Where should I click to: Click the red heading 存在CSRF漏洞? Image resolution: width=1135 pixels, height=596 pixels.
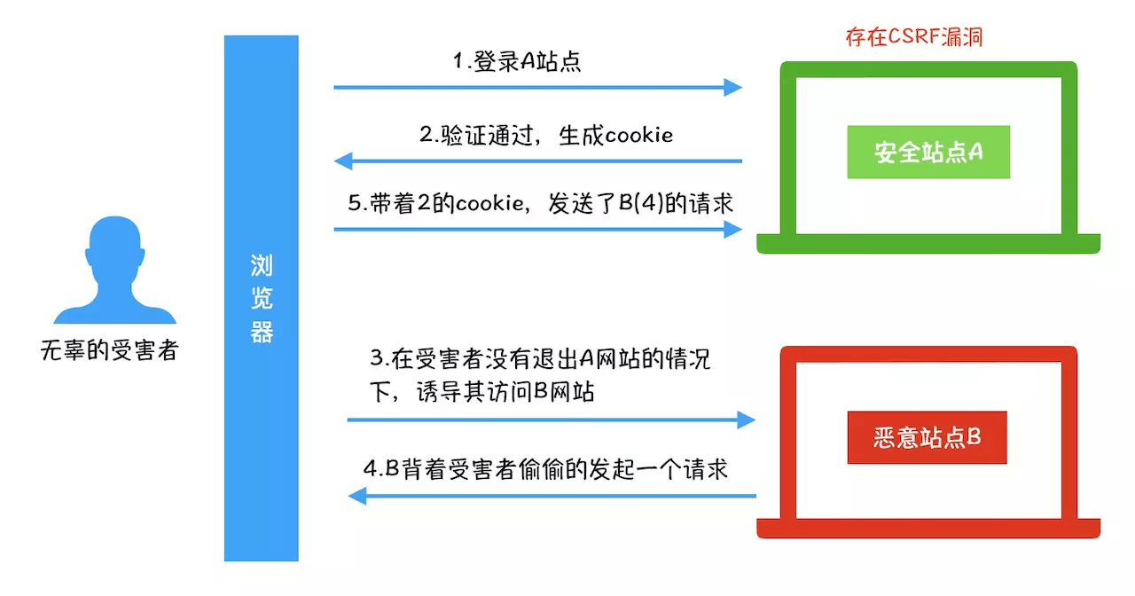(914, 37)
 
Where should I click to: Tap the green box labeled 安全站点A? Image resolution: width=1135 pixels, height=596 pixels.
(928, 152)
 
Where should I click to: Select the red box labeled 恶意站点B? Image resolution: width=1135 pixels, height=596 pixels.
(927, 437)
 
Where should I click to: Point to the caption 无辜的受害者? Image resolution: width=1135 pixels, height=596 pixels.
(109, 350)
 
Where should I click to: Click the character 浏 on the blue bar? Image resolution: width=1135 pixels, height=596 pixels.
(262, 265)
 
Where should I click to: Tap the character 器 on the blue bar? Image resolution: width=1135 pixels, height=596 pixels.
(262, 332)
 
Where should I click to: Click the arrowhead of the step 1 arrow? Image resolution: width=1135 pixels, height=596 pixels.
(732, 87)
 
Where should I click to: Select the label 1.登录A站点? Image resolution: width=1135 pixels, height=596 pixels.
(517, 61)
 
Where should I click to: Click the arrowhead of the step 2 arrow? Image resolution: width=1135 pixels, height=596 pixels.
(343, 161)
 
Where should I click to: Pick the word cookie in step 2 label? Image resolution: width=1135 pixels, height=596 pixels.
(639, 136)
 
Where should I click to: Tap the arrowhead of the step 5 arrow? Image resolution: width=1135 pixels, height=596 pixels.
(732, 229)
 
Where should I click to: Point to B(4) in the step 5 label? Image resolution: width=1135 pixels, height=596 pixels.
(640, 203)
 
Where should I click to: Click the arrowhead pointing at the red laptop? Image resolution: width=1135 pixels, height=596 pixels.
(746, 420)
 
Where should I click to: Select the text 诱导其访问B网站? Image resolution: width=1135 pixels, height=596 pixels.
(505, 392)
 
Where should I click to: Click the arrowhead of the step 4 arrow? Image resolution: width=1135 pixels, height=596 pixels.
(357, 496)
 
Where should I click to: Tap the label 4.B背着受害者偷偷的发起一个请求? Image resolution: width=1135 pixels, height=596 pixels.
(545, 469)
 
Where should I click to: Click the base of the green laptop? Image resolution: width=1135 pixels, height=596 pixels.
(928, 244)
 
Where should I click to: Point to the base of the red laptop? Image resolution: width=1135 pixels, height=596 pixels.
(928, 529)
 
